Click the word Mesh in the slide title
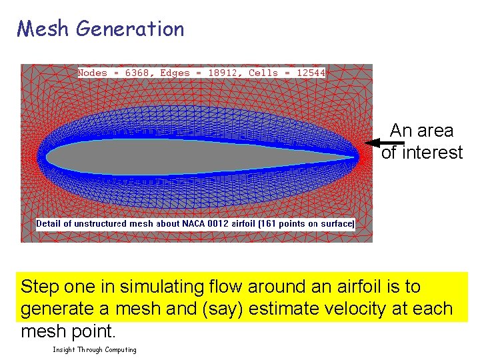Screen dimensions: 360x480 point(43,29)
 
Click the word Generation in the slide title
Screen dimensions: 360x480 point(130,29)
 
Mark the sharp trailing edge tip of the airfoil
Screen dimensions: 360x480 point(356,157)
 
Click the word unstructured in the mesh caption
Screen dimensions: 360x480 point(107,224)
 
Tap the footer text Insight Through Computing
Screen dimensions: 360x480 point(95,350)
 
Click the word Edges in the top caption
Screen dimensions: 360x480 point(175,73)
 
